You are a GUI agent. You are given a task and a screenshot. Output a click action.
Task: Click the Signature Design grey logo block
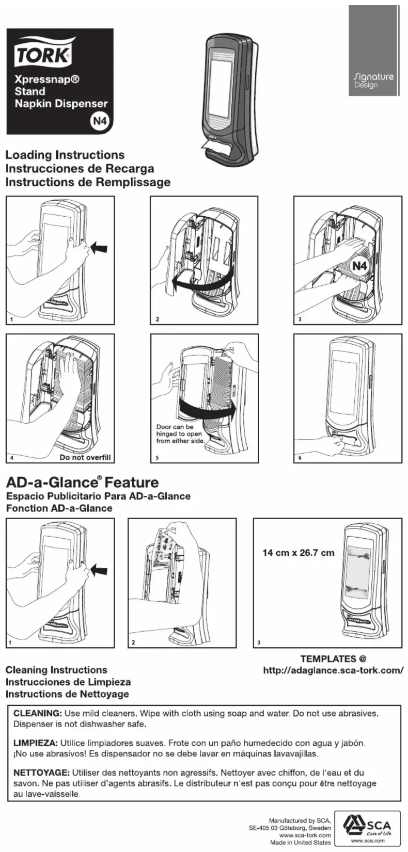[374, 51]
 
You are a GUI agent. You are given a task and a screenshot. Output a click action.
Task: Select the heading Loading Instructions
[65, 155]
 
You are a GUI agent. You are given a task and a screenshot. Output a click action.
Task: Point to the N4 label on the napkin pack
[359, 266]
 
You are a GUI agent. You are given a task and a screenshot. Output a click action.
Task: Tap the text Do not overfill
[85, 457]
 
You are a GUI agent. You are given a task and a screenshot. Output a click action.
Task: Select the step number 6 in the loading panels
[300, 458]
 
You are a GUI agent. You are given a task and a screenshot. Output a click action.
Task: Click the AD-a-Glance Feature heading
[82, 482]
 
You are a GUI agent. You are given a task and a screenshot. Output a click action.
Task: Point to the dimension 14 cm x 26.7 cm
[299, 553]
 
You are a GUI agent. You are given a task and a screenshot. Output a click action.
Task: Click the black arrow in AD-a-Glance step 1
[100, 571]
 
